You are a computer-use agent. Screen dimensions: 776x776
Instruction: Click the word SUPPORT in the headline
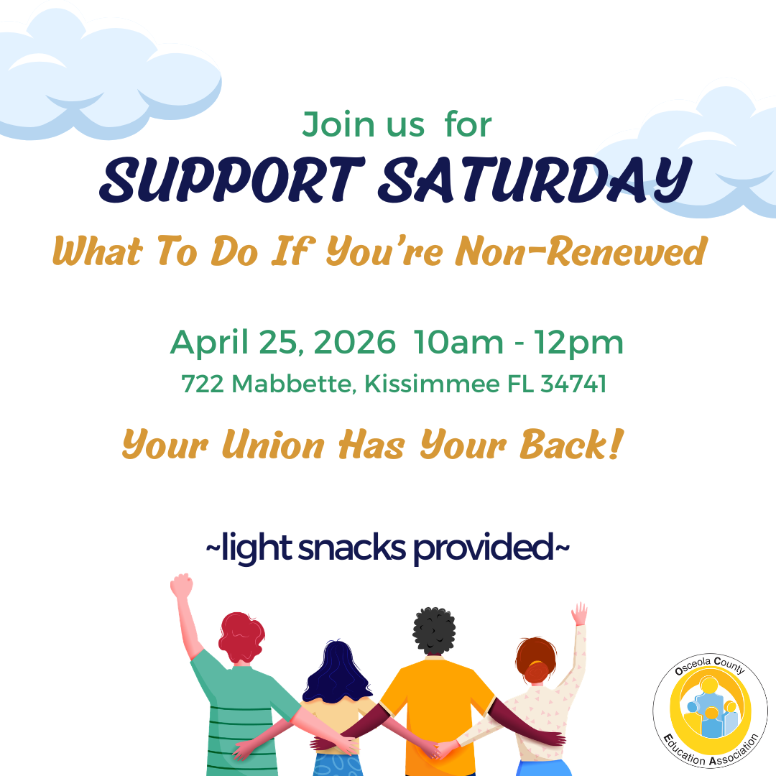[x=232, y=180]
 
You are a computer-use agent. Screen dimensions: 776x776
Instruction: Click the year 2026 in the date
[x=355, y=342]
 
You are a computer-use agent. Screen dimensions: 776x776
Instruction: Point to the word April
[x=209, y=343]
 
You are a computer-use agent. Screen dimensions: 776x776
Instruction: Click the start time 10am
[x=458, y=342]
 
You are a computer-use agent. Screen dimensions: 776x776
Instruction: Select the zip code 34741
[x=573, y=384]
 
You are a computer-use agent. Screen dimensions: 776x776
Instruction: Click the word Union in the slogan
[x=273, y=445]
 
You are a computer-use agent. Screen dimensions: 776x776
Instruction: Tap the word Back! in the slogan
[x=571, y=444]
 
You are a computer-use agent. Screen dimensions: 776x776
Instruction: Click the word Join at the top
[x=338, y=124]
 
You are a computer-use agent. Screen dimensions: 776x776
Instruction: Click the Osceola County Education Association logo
[x=710, y=710]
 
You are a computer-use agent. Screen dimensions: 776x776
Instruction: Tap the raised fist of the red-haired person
[x=182, y=586]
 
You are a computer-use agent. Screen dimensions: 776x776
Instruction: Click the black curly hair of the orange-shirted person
[x=434, y=631]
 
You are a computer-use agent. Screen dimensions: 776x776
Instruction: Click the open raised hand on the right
[x=580, y=614]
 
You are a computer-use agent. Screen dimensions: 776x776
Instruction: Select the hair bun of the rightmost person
[x=537, y=670]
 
